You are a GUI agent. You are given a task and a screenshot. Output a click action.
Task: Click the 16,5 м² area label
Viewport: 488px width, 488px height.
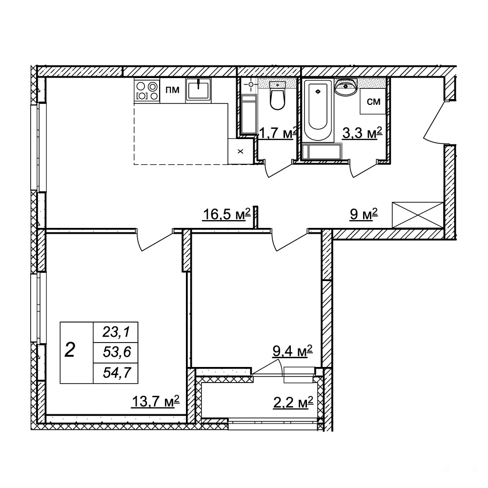(x=226, y=214)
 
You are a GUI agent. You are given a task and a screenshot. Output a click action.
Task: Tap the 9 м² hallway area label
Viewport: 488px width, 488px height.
(x=364, y=214)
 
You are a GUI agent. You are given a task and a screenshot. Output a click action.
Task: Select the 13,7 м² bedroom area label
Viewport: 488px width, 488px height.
(x=156, y=402)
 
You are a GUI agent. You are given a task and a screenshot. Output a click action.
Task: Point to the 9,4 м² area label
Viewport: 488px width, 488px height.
(x=292, y=351)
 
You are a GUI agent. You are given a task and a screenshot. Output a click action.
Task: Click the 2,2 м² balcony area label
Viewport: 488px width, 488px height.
(x=293, y=403)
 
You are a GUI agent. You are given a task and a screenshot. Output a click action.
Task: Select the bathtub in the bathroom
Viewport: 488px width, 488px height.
(x=318, y=110)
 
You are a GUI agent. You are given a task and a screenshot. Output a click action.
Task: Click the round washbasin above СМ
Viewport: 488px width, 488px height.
(x=346, y=87)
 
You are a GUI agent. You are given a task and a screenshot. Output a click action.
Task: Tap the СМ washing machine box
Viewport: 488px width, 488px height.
(x=373, y=102)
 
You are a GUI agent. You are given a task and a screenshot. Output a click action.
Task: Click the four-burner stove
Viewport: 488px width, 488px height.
(x=147, y=90)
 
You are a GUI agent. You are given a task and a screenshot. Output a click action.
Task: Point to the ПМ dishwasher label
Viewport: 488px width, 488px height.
(x=172, y=90)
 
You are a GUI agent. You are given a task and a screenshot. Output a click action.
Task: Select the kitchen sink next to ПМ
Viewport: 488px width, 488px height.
(x=198, y=90)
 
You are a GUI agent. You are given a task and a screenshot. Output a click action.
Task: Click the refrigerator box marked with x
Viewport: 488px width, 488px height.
(x=240, y=151)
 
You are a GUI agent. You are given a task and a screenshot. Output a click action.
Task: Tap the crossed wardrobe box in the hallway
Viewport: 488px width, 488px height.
(x=417, y=215)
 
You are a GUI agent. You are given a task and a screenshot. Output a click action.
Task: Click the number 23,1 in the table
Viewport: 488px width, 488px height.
(x=116, y=333)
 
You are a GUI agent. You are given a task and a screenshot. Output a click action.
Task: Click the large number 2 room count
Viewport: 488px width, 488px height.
(x=70, y=350)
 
